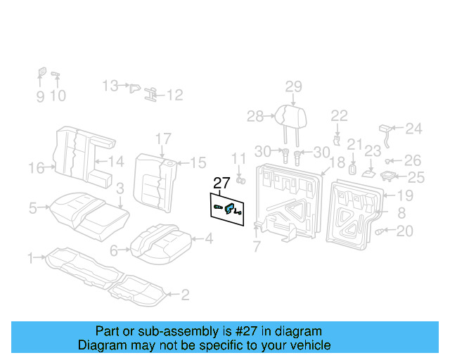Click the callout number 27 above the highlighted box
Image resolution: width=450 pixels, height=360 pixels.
pyautogui.click(x=221, y=184)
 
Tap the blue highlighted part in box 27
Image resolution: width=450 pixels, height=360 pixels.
pyautogui.click(x=230, y=206)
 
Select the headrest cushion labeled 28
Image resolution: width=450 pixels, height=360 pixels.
pyautogui.click(x=285, y=115)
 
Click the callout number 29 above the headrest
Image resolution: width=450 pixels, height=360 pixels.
pyautogui.click(x=293, y=87)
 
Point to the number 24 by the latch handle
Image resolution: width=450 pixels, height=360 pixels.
pyautogui.click(x=413, y=129)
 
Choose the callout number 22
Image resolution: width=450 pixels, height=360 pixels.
pyautogui.click(x=339, y=115)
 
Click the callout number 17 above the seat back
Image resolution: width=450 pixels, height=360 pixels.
pyautogui.click(x=163, y=138)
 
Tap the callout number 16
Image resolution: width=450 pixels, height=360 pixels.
pyautogui.click(x=36, y=167)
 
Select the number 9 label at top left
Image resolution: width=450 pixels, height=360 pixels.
pyautogui.click(x=40, y=96)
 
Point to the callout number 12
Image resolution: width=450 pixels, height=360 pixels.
pyautogui.click(x=174, y=94)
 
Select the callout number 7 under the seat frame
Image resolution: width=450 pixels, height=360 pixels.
pyautogui.click(x=257, y=246)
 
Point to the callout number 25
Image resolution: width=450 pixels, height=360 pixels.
pyautogui.click(x=416, y=177)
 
